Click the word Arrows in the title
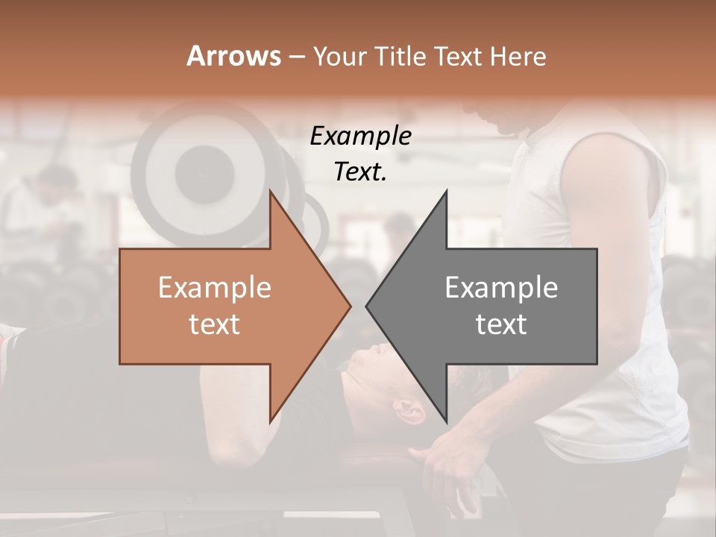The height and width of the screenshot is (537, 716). [x=233, y=57]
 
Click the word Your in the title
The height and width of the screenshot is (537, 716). [x=339, y=57]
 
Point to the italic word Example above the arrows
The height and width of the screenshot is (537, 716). [x=360, y=136]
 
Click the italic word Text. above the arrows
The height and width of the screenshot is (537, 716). [x=360, y=172]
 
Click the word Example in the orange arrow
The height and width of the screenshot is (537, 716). [x=215, y=288]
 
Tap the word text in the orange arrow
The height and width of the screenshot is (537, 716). [x=215, y=324]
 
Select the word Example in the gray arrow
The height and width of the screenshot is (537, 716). [x=501, y=288]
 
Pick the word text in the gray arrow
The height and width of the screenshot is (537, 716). [x=501, y=324]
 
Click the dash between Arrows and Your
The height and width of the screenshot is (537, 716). [x=297, y=57]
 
